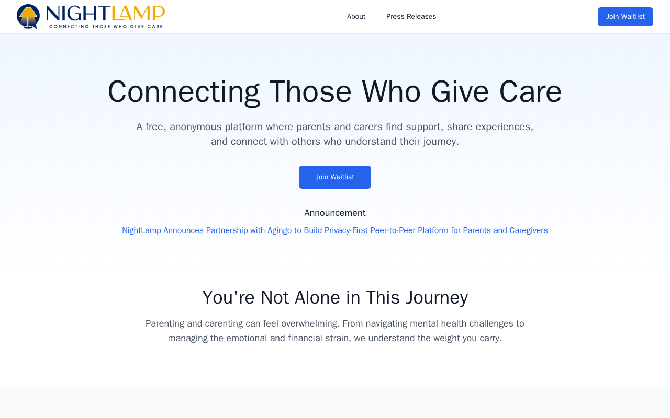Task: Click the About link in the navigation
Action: tap(356, 17)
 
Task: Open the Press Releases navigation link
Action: tap(411, 17)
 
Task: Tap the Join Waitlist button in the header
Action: tap(625, 17)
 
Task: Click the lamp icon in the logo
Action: tap(28, 16)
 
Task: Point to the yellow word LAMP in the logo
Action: tap(138, 14)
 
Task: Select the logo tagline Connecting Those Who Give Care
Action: tap(106, 26)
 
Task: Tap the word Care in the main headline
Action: tap(530, 91)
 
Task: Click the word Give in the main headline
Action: tap(460, 91)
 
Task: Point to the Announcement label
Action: tap(334, 213)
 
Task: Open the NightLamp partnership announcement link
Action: tap(334, 230)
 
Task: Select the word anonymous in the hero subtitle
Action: tap(196, 127)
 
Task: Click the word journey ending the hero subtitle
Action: tap(441, 142)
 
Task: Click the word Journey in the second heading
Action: tap(437, 298)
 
